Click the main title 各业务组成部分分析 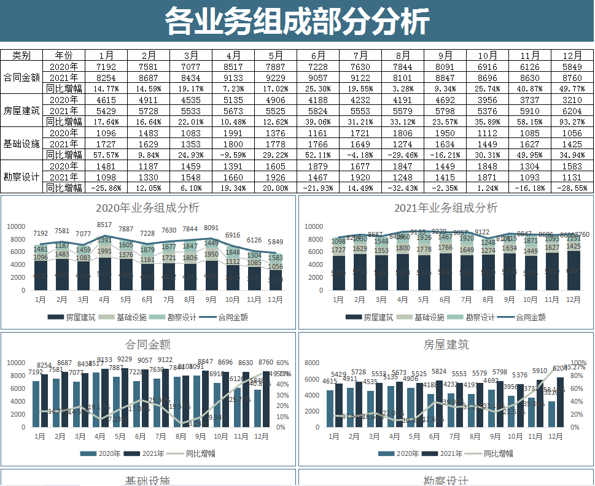click(297, 22)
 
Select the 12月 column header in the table click(572, 55)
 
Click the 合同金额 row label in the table click(21, 77)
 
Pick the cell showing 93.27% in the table click(572, 121)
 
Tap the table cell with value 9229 click(276, 77)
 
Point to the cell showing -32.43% click(403, 188)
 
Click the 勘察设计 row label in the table click(21, 177)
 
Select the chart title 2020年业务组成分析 click(148, 208)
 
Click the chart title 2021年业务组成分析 click(446, 208)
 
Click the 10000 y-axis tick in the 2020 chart click(16, 226)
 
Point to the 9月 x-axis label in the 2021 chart click(509, 299)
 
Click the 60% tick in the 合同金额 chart click(283, 362)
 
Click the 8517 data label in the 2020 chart click(104, 225)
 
